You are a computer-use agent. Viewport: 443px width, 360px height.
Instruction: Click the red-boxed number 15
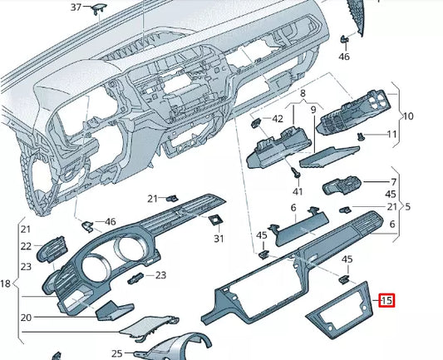(386, 300)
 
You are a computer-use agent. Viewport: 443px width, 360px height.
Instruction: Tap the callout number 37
(76, 7)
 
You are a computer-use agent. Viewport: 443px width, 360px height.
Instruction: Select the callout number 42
(278, 119)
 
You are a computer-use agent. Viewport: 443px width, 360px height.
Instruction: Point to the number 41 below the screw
(298, 191)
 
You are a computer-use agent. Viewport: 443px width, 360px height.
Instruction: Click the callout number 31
(219, 239)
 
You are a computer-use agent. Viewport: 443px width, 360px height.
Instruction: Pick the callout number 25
(116, 353)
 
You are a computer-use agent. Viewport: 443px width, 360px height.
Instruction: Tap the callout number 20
(26, 318)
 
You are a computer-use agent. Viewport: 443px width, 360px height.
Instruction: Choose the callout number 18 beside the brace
(5, 284)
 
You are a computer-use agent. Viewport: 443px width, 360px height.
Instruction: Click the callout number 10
(408, 116)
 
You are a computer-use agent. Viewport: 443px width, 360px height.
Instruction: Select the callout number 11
(391, 134)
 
